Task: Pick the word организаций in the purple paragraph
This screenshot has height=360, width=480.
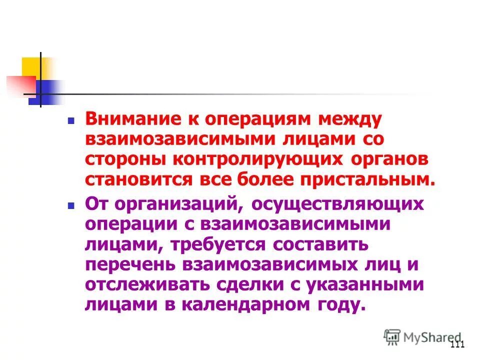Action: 178,204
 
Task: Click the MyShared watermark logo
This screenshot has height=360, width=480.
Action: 422,337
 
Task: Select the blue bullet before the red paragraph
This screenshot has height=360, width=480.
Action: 71,121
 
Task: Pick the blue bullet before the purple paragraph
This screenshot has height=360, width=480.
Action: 71,204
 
